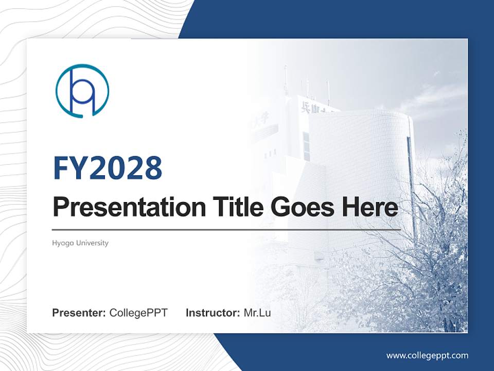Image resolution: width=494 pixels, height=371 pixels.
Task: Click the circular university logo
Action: pos(82,91)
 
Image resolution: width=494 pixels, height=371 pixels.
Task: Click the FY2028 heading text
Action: pos(108,168)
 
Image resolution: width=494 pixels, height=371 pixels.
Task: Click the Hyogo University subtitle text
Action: pos(80,243)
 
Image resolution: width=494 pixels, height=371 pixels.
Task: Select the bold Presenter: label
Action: pos(79,313)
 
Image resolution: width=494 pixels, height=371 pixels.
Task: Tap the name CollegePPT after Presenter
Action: pos(138,313)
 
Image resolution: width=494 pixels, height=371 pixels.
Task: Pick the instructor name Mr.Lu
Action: pos(257,313)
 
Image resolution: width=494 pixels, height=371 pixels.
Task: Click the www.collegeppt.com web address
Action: pos(427,355)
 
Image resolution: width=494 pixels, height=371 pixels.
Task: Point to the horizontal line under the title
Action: pos(226,229)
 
